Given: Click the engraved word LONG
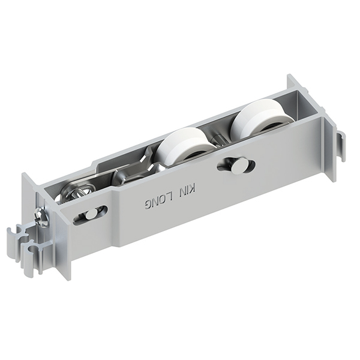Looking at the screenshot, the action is (159, 200).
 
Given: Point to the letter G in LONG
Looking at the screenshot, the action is (149, 204).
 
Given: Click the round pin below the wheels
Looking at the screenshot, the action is (237, 165).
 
